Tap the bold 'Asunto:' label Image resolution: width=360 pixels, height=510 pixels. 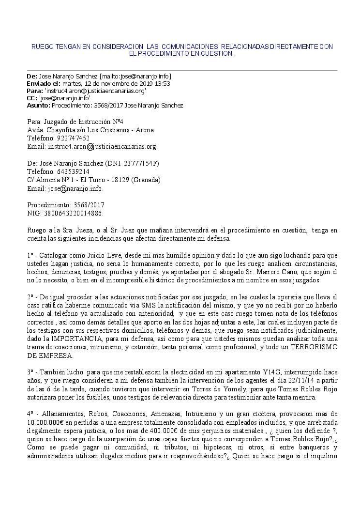39,105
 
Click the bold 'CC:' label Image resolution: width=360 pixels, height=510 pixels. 32,98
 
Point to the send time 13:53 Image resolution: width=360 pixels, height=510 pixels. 162,84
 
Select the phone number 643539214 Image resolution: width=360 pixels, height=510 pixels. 73,171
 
